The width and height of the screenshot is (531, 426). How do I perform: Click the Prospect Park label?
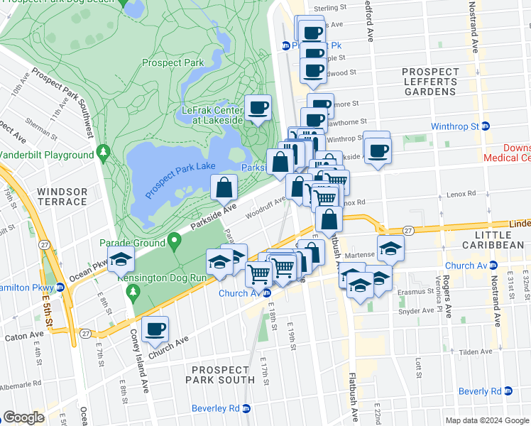click(x=173, y=62)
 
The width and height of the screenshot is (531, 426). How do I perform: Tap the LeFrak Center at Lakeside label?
click(x=212, y=115)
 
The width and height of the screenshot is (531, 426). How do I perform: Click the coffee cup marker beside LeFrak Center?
click(x=258, y=109)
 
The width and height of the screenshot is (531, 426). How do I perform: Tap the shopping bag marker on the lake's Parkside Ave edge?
click(x=224, y=188)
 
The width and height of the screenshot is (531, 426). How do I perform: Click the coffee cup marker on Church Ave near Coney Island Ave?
click(x=155, y=329)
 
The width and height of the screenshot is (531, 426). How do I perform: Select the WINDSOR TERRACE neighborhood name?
click(x=62, y=197)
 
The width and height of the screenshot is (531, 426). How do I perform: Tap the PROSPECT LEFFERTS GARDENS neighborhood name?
click(x=430, y=82)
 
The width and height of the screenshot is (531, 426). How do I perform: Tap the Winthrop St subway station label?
click(x=455, y=126)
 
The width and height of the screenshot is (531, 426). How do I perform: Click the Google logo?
click(x=24, y=417)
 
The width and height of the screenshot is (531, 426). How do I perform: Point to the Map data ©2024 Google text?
click(x=487, y=420)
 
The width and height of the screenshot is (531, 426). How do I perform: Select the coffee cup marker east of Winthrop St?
click(x=378, y=151)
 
